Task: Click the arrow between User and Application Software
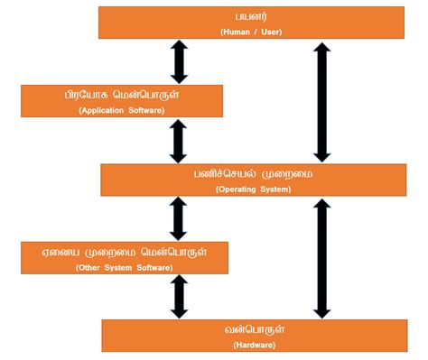178,62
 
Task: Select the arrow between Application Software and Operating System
178,142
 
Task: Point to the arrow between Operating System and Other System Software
178,218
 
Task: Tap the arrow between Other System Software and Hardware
178,297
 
